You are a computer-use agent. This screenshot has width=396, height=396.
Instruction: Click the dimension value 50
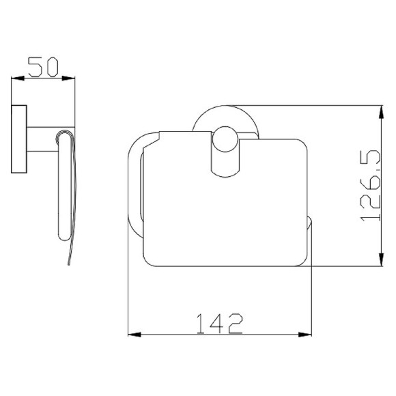(x=43, y=67)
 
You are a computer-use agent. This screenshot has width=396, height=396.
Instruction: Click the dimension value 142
(x=219, y=324)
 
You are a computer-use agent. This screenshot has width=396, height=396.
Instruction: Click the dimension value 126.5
(x=371, y=186)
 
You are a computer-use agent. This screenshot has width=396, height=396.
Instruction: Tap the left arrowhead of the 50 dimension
(x=18, y=79)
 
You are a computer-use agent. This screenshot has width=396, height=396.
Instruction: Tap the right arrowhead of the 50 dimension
(x=68, y=79)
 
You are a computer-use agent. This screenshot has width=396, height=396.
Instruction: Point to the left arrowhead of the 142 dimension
(x=135, y=335)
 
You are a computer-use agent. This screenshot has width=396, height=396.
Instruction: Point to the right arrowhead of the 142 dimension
(x=305, y=335)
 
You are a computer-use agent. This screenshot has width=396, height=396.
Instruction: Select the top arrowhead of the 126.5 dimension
(x=381, y=112)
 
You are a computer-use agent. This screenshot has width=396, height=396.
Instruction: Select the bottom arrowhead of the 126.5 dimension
(x=381, y=259)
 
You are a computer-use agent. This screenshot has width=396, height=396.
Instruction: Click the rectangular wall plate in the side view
(x=19, y=139)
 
